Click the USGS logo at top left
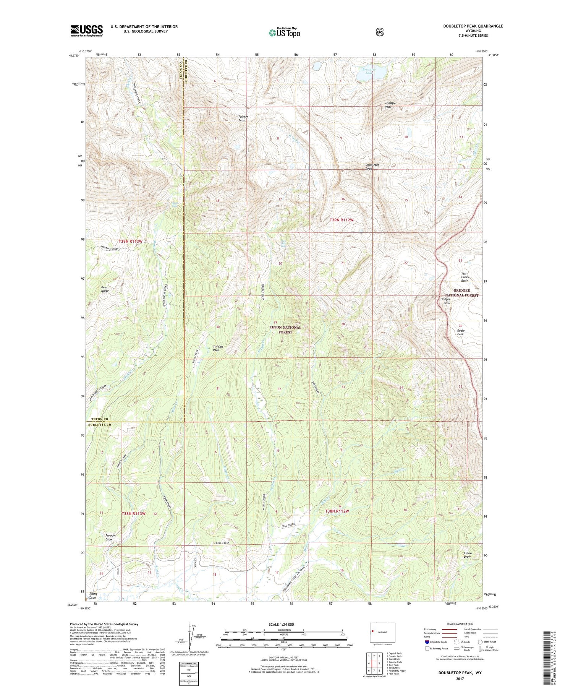point(87,31)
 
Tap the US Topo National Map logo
point(284,32)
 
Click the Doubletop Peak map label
point(372,167)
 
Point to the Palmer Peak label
point(243,118)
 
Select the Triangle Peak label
point(390,105)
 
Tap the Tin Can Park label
point(218,348)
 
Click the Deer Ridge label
point(105,289)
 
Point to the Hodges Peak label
point(445,301)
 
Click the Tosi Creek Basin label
point(465,277)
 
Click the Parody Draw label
point(110,537)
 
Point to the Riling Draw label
point(93,596)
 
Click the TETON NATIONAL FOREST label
point(285,330)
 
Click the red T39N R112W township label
point(342,220)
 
